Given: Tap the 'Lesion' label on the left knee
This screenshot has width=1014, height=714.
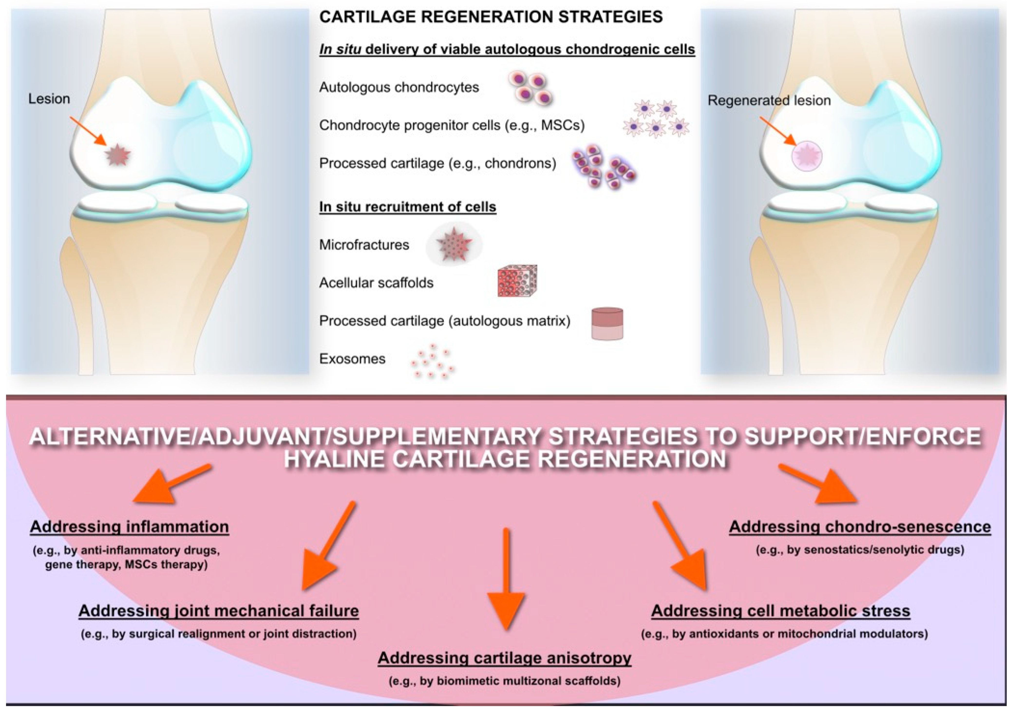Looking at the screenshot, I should pyautogui.click(x=49, y=99).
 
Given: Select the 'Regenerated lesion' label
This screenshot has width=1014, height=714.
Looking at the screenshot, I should pyautogui.click(x=769, y=101).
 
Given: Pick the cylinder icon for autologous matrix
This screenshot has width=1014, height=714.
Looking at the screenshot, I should pyautogui.click(x=607, y=324).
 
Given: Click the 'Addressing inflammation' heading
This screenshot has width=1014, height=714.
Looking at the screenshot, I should pyautogui.click(x=129, y=527).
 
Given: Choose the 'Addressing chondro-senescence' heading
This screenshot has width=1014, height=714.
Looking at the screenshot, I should pyautogui.click(x=860, y=527).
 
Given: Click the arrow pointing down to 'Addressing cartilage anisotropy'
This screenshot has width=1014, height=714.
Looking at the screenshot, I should pyautogui.click(x=506, y=583).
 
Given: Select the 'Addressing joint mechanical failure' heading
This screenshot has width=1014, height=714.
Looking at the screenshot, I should pyautogui.click(x=219, y=611).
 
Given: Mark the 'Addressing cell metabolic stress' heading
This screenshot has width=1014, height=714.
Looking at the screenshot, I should pyautogui.click(x=780, y=611).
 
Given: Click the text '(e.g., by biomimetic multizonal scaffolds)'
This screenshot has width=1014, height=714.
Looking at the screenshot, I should pyautogui.click(x=504, y=681).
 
